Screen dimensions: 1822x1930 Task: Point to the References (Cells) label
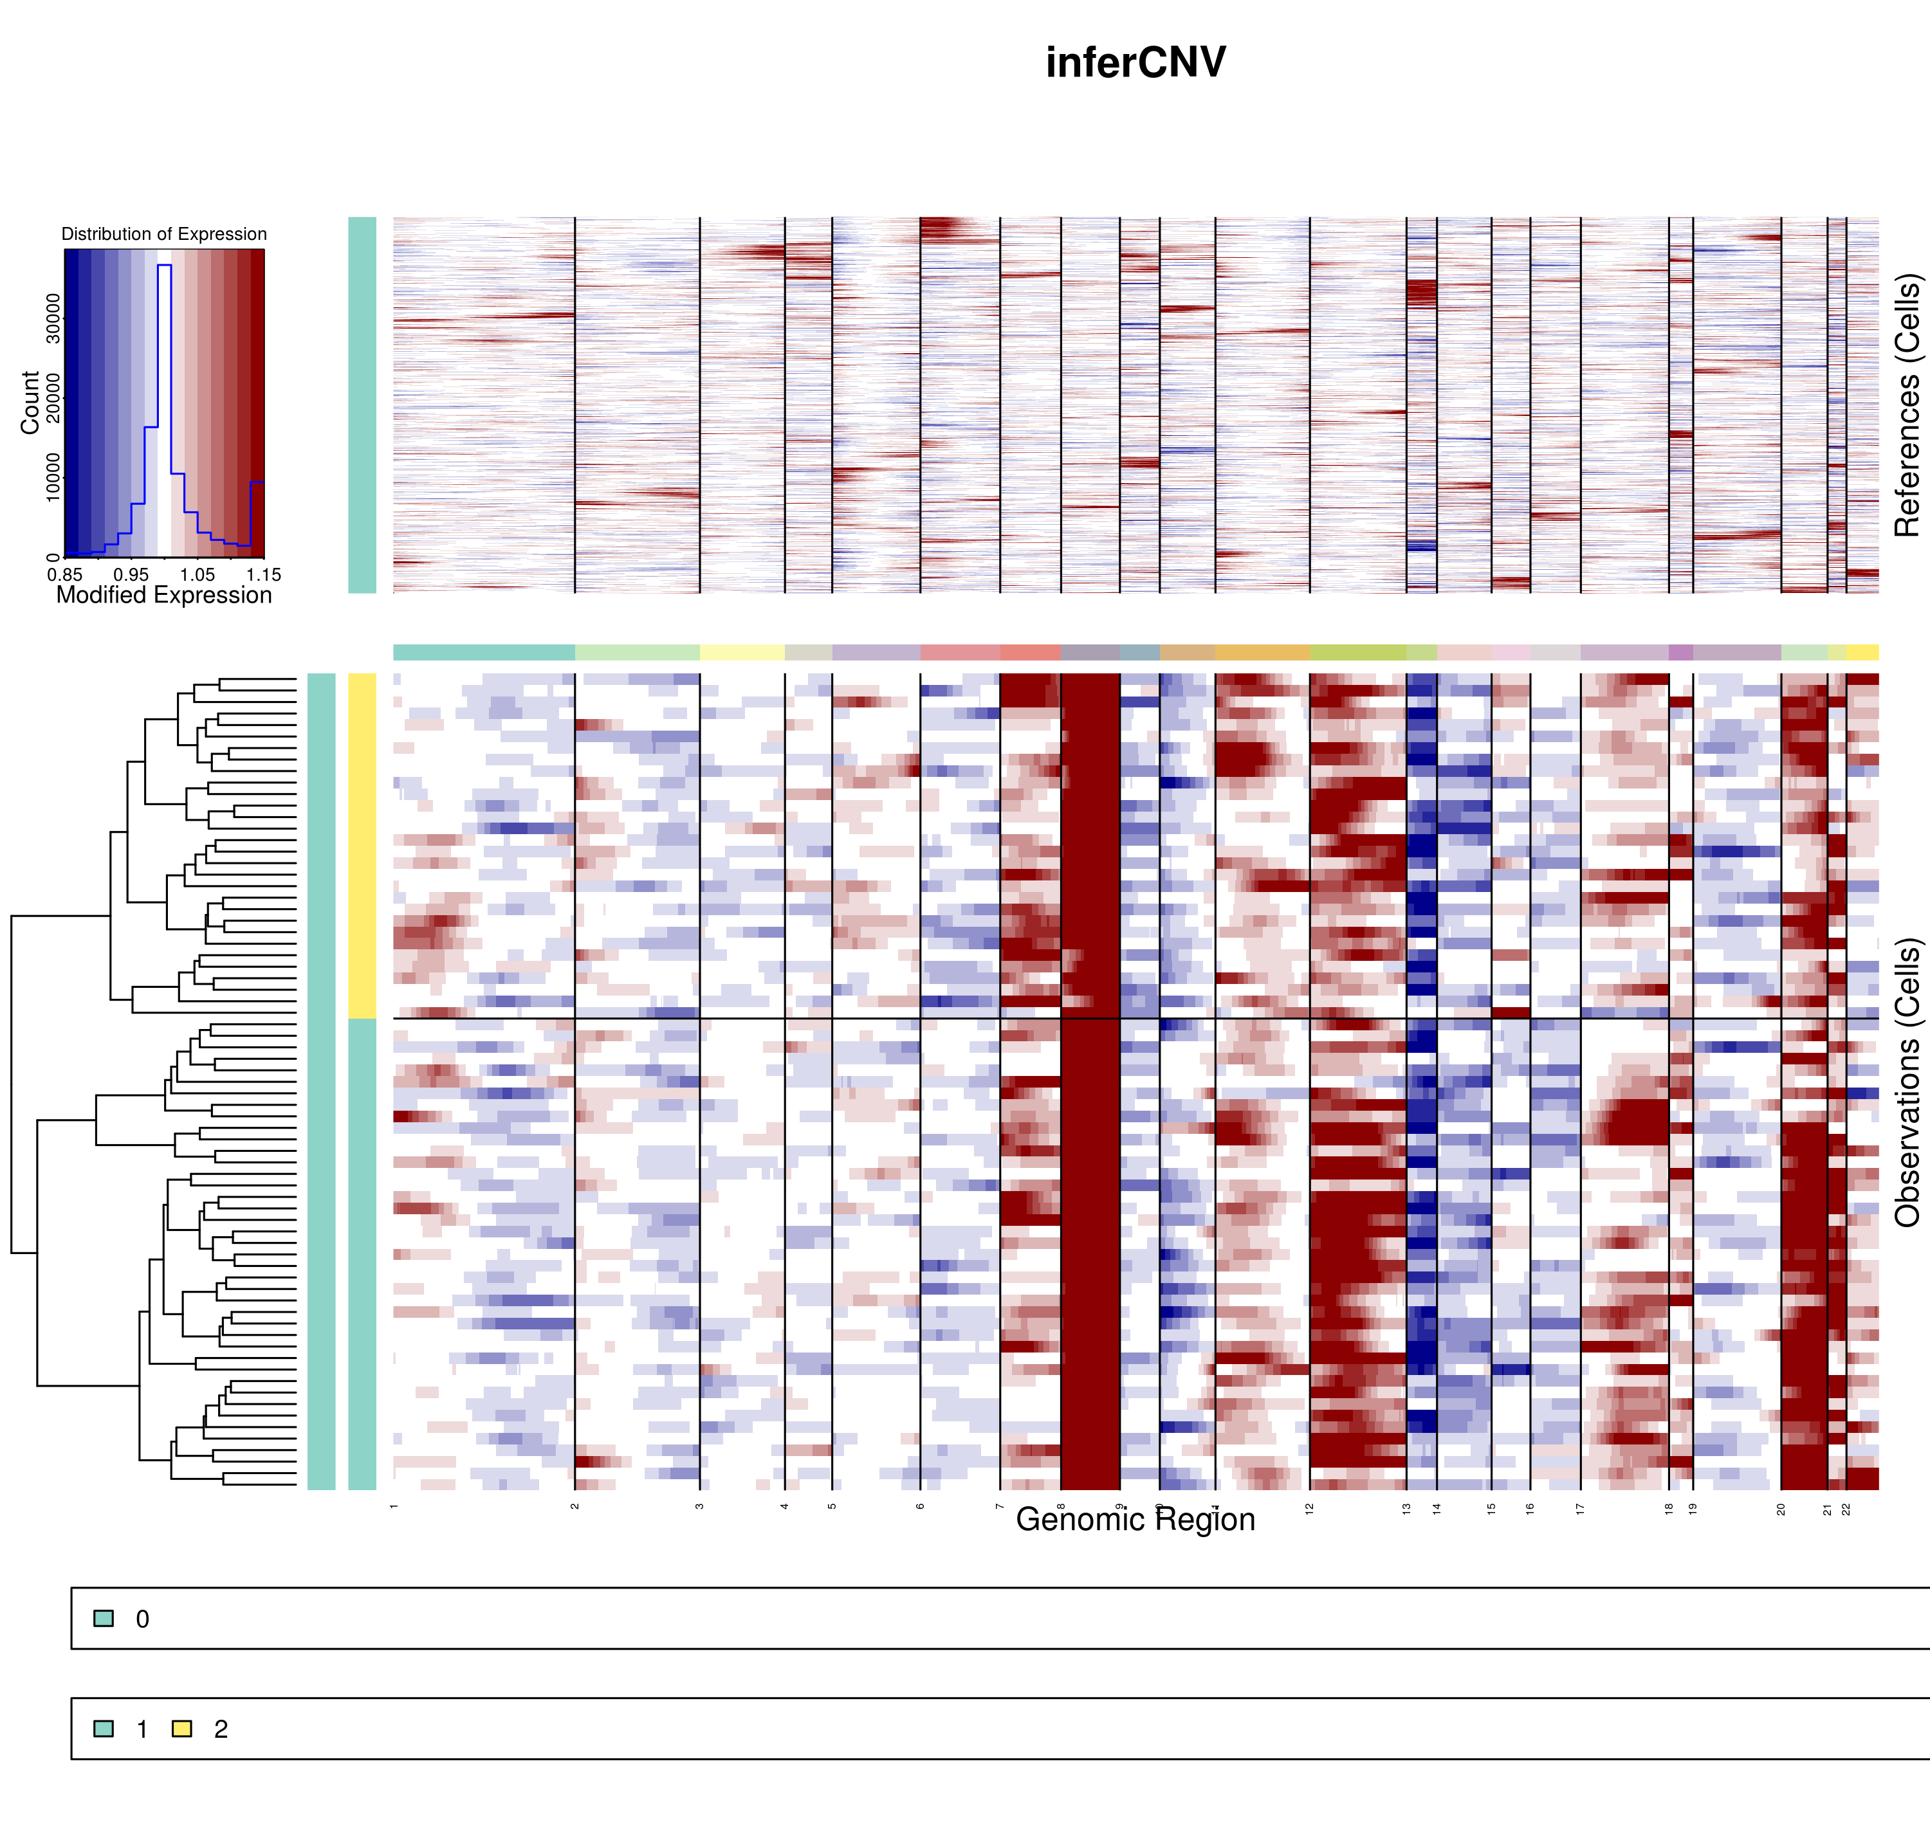coord(1907,405)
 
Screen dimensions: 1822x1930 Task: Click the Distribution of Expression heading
coord(164,234)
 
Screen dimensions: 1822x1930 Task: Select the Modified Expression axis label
coord(164,596)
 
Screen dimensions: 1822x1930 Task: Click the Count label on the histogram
coord(30,402)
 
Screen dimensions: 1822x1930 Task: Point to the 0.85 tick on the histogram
coord(65,575)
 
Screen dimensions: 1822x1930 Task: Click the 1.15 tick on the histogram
coord(263,575)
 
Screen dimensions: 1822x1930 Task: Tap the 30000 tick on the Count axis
coord(53,318)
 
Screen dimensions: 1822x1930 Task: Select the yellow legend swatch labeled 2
coord(181,1729)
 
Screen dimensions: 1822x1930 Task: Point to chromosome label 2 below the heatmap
coord(575,1506)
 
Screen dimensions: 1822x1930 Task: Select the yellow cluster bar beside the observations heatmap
coord(362,845)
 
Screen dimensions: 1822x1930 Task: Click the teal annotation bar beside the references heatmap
coord(362,405)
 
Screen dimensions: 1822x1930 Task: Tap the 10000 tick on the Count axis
coord(53,477)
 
